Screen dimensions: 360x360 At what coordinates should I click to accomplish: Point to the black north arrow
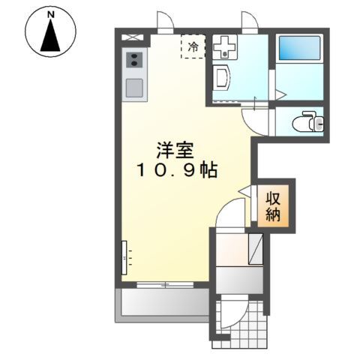pos(50,37)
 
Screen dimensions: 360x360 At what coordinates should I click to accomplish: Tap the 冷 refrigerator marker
pos(193,47)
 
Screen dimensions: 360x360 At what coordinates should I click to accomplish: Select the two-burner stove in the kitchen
pos(135,60)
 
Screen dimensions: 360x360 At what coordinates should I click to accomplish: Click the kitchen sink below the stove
pos(135,87)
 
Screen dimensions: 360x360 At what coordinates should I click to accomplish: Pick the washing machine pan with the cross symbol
pos(224,47)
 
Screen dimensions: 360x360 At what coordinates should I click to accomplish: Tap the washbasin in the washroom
pos(222,77)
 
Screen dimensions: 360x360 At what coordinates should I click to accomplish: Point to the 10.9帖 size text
pos(177,171)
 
